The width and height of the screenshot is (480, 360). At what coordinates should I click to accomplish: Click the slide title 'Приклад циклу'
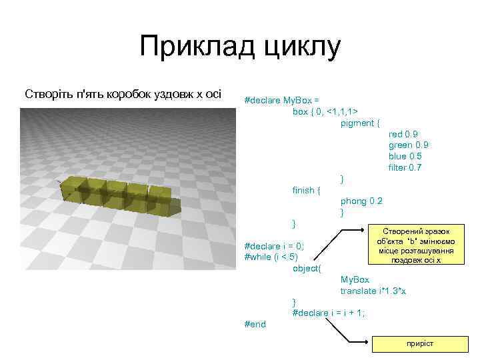240,48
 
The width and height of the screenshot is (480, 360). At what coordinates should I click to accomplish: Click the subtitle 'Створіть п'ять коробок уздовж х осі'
123,93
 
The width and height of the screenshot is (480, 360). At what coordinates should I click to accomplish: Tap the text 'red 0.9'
403,134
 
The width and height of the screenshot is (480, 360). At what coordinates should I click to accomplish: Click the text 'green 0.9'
408,145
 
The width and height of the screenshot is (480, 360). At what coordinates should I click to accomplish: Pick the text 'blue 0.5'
405,156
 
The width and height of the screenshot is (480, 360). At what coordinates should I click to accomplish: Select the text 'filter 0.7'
405,167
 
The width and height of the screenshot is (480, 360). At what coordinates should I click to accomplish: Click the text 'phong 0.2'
361,201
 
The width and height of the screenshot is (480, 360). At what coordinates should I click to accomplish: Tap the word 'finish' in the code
305,190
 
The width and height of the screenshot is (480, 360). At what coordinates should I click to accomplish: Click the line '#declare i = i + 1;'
328,313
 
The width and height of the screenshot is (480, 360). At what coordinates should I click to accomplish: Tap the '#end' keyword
255,324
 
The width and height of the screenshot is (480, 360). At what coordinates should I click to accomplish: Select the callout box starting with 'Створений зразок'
415,245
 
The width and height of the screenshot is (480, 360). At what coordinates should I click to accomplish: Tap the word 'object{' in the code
307,268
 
